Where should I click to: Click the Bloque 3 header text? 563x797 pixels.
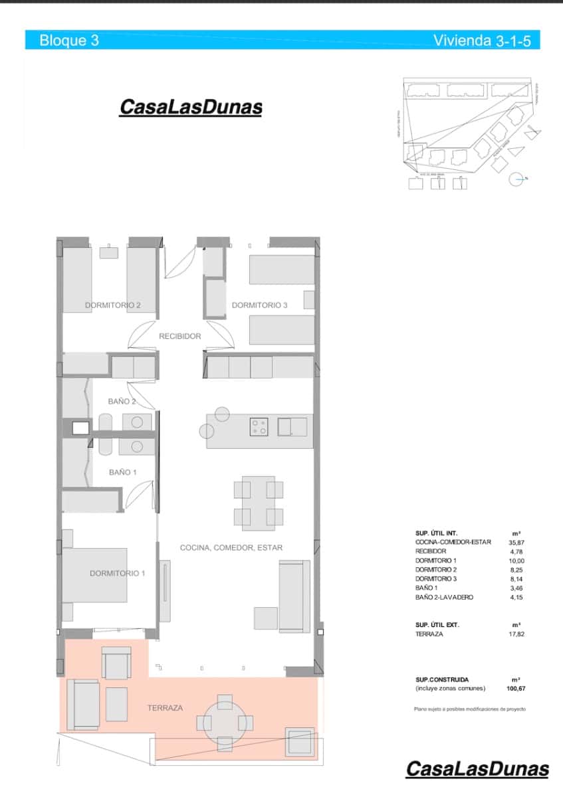point(69,41)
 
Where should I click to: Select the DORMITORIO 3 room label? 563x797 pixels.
point(259,306)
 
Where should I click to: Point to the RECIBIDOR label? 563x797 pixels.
point(179,337)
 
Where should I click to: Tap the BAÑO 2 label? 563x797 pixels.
point(122,402)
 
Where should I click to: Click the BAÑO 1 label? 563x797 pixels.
point(122,473)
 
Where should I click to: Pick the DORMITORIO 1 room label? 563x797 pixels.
point(117,573)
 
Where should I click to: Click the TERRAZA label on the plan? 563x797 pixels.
point(165,708)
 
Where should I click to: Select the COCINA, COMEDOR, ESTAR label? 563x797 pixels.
point(231,548)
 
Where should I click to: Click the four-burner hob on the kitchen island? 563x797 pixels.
point(259,426)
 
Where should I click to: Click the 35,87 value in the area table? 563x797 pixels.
point(516,543)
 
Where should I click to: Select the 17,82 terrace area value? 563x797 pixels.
point(516,634)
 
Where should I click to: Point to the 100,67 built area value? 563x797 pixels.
point(516,689)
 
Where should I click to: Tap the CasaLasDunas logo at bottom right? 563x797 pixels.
point(477,770)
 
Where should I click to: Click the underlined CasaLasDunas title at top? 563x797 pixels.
point(190,108)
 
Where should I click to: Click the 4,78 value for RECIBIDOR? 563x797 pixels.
point(516,552)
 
